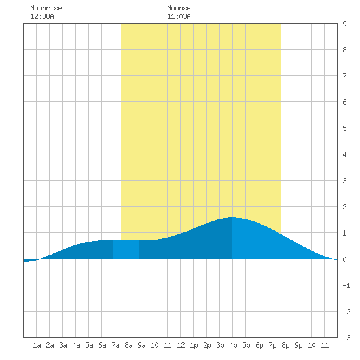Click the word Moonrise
coord(46,8)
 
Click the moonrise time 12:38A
coord(42,16)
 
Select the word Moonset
coord(181,8)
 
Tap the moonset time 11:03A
coord(179,16)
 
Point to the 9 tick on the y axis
coord(344,24)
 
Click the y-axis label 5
coord(344,128)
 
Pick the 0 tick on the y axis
coord(344,259)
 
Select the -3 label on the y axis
coord(346,338)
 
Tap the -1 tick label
coord(346,285)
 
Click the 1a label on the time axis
coord(37,345)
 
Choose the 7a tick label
coord(115,345)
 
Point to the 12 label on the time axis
coord(181,345)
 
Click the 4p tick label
coord(233,345)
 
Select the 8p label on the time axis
coord(285,345)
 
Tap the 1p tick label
coord(194,345)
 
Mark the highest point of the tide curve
coord(232,217)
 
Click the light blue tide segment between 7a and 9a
coord(126,249)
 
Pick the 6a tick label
coord(102,345)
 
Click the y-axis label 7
coord(344,76)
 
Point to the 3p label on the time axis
coord(220,345)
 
